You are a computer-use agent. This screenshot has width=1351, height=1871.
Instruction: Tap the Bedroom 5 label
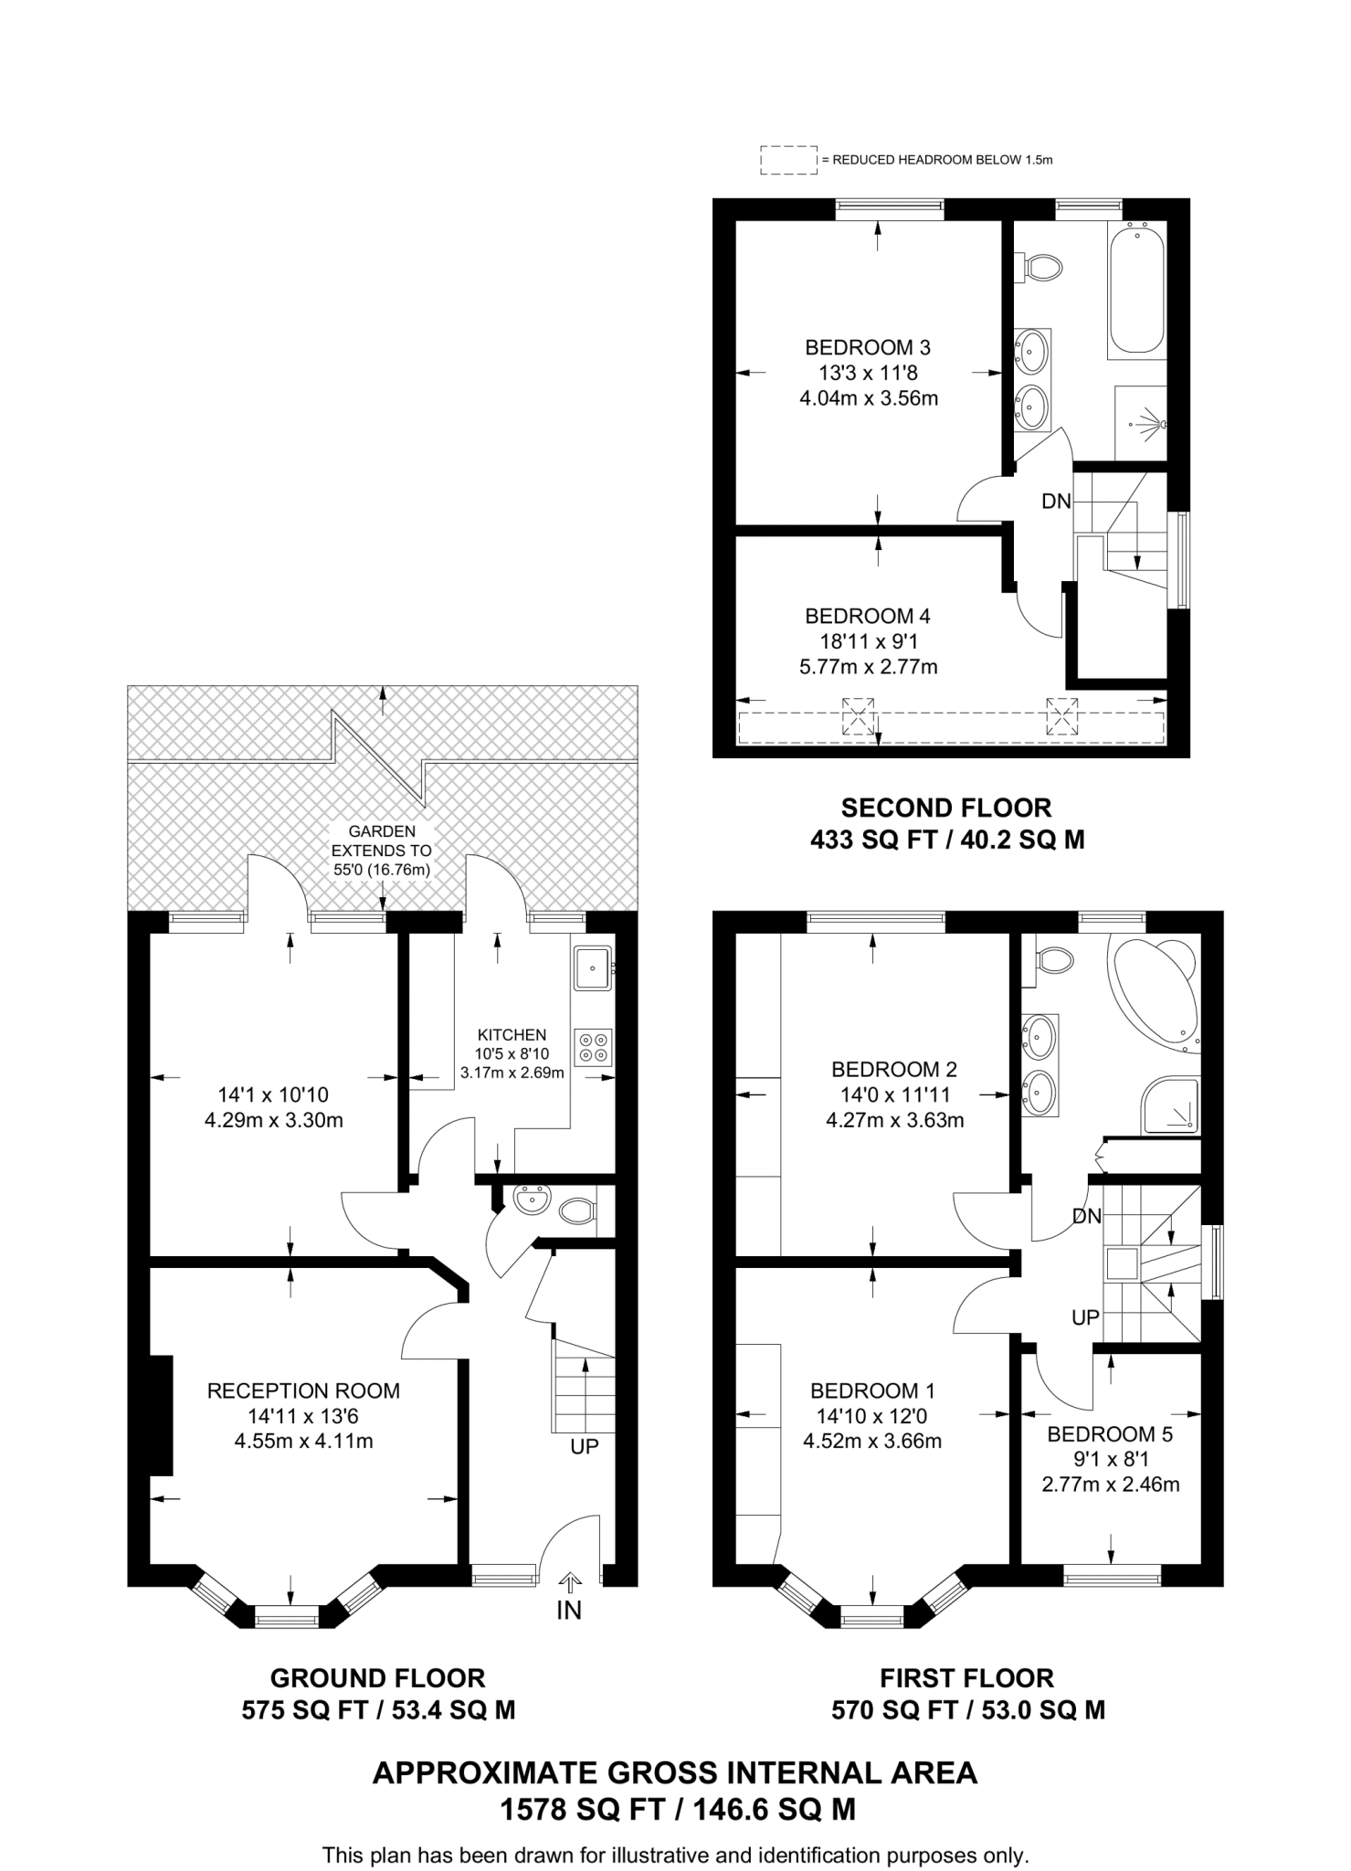pyautogui.click(x=1110, y=1434)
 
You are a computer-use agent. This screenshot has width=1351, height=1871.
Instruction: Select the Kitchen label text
pyautogui.click(x=512, y=1035)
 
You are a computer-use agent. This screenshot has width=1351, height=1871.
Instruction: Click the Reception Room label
pyautogui.click(x=303, y=1391)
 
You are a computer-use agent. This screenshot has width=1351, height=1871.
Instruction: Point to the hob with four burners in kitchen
pyautogui.click(x=594, y=1046)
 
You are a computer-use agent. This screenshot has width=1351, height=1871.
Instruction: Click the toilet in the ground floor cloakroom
pyautogui.click(x=576, y=1212)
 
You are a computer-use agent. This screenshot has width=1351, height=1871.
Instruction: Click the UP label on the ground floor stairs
pyautogui.click(x=585, y=1447)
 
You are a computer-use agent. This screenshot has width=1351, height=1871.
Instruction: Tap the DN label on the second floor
pyautogui.click(x=1056, y=501)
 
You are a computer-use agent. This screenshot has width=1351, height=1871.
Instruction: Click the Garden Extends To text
pyautogui.click(x=382, y=851)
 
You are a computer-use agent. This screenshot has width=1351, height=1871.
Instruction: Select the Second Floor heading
pyautogui.click(x=946, y=808)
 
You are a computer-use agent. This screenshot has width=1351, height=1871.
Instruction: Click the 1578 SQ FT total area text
pyautogui.click(x=676, y=1809)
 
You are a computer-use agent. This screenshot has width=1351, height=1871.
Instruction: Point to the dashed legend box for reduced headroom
pyautogui.click(x=788, y=160)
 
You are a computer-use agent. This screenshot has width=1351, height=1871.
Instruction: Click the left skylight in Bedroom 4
pyautogui.click(x=858, y=715)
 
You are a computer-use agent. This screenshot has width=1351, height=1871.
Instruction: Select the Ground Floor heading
pyautogui.click(x=377, y=1678)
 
